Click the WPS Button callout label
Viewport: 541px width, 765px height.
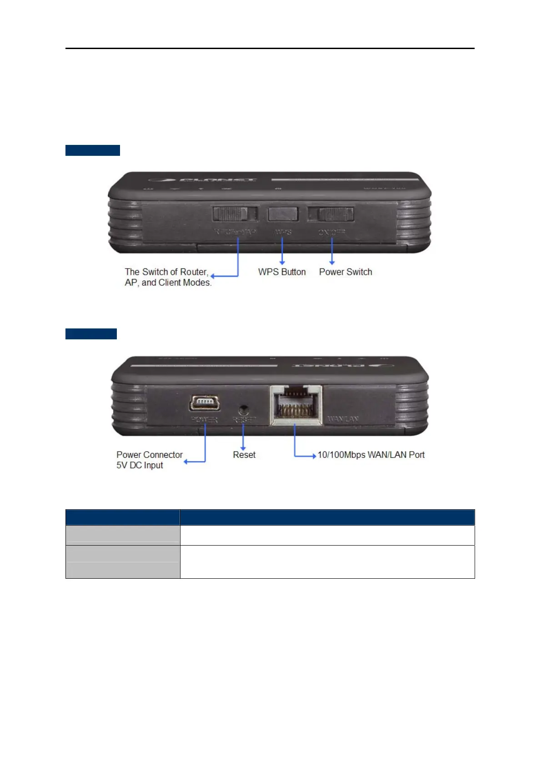(282, 272)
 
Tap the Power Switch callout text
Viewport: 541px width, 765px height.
(346, 272)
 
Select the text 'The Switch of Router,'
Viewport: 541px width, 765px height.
(166, 272)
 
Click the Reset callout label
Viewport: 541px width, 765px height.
(244, 455)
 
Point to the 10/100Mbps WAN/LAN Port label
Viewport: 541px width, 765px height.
(371, 455)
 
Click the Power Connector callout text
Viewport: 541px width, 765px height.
(150, 455)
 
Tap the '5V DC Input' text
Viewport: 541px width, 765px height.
(140, 465)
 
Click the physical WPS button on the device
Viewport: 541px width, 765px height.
(282, 214)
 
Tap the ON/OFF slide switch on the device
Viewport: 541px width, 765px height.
(331, 214)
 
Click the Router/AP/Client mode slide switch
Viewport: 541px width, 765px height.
(235, 214)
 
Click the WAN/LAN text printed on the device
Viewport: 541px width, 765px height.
(343, 419)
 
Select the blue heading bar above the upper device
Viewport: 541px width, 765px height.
(93, 150)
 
